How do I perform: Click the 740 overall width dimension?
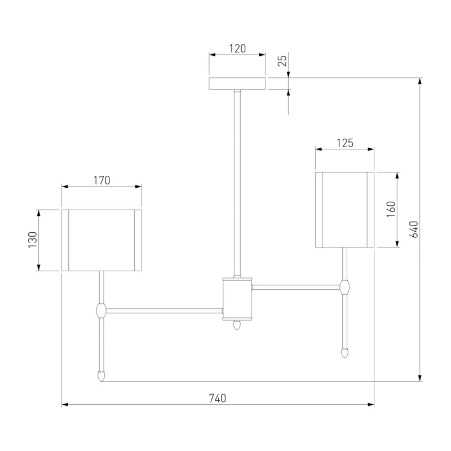point(218,399)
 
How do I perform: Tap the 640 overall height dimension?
point(414,229)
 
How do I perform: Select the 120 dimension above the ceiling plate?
point(237,48)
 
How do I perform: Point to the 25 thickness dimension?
point(283,60)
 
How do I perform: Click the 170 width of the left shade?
point(101,180)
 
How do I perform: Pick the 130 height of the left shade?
point(33,240)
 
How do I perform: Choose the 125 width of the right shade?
point(345,143)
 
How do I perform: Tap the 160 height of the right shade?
point(391,209)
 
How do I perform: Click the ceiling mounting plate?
point(237,83)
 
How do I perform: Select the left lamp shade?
point(101,240)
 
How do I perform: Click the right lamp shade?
point(344,210)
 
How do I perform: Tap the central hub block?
point(237,299)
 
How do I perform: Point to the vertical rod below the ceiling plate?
point(237,184)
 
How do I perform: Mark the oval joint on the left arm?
point(101,311)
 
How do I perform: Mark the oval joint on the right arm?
point(344,287)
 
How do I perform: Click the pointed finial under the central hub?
point(236,325)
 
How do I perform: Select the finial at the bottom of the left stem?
point(101,376)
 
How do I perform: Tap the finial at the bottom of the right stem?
point(344,353)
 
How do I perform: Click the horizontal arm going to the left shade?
point(164,311)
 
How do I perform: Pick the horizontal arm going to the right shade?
point(296,287)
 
